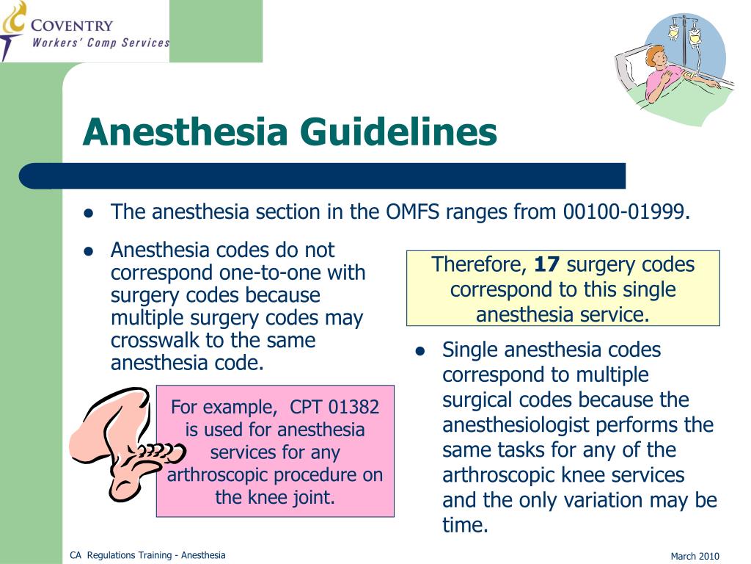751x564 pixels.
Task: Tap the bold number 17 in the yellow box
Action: click(x=547, y=264)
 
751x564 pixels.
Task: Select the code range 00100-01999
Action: click(x=626, y=212)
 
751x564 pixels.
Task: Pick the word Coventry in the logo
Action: click(x=72, y=26)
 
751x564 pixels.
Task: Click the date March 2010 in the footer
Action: click(x=695, y=556)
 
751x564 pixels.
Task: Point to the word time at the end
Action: click(x=465, y=525)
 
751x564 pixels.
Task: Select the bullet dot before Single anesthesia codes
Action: click(x=420, y=351)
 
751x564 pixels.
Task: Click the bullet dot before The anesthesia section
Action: click(x=88, y=213)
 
